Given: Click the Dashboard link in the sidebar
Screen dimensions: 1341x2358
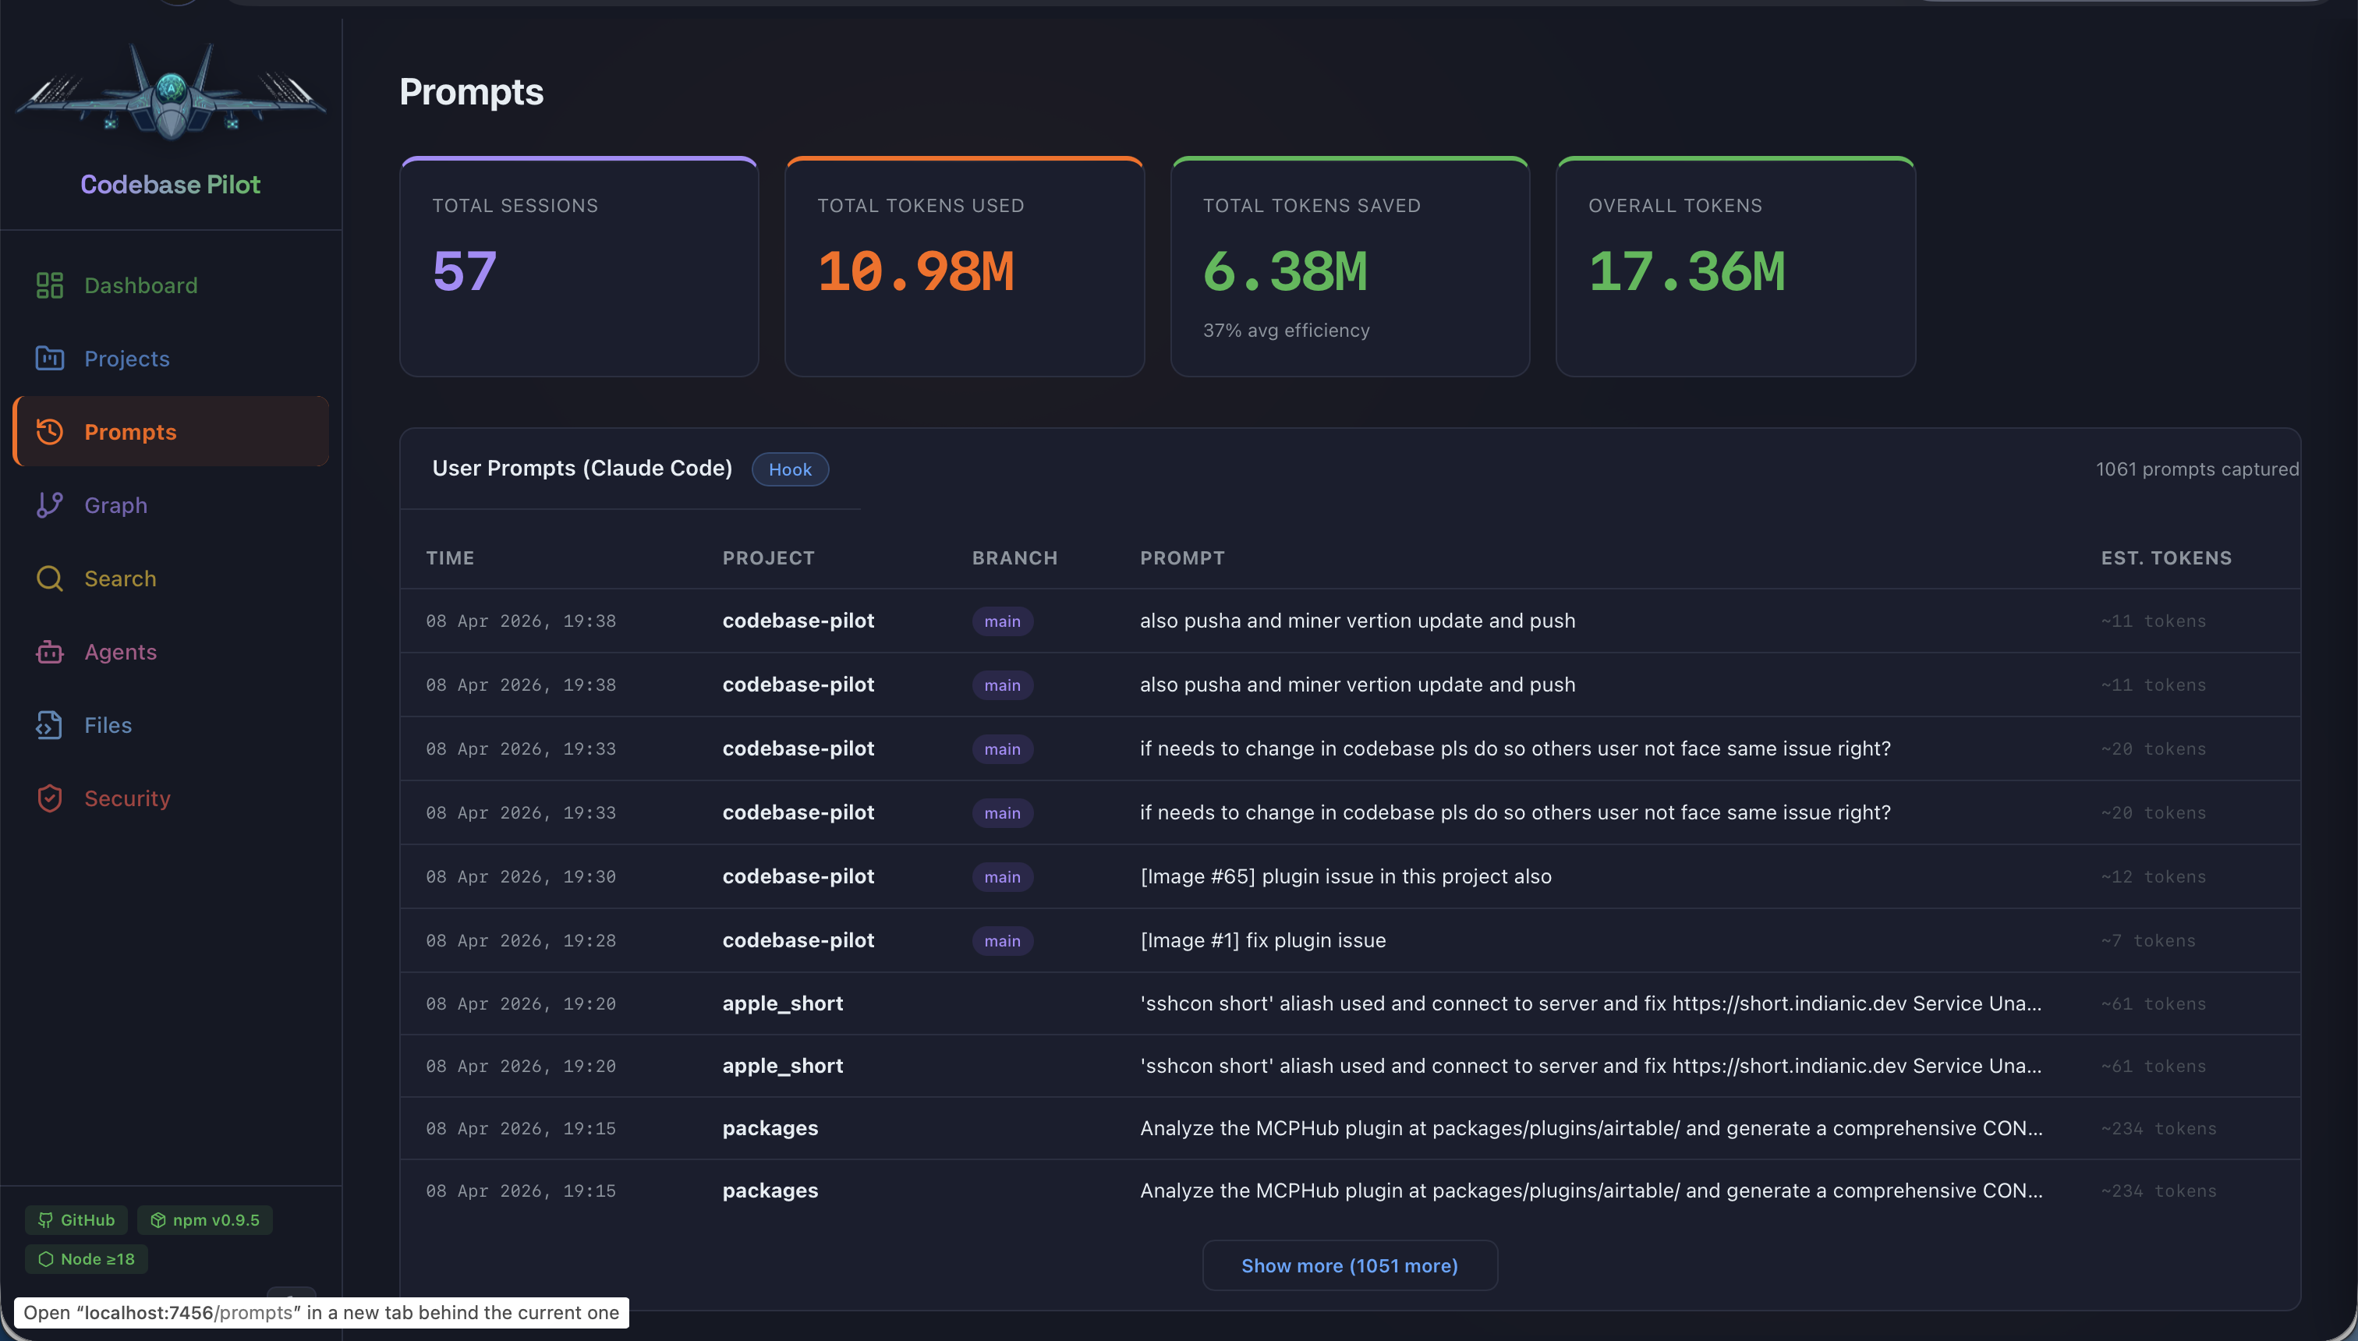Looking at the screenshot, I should click(x=140, y=285).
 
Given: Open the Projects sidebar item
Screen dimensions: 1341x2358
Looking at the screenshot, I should click(x=126, y=359).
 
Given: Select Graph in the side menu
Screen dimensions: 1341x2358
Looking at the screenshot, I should click(x=115, y=504).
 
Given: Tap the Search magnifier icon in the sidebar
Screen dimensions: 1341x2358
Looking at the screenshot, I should click(x=50, y=579).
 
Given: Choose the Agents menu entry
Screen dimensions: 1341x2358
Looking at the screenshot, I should click(x=120, y=652).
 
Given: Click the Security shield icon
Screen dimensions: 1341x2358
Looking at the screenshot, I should click(x=50, y=798).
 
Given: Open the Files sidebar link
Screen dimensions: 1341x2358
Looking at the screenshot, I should click(x=108, y=725).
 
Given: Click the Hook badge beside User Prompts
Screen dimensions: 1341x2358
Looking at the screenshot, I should click(x=789, y=469).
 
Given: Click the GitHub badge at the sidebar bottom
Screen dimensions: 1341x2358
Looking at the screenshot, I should click(x=76, y=1219).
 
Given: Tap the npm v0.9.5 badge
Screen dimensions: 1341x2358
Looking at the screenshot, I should click(x=204, y=1219).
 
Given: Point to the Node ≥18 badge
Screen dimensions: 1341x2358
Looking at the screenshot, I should click(x=87, y=1259).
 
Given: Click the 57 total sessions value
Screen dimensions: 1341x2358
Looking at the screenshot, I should click(x=464, y=271).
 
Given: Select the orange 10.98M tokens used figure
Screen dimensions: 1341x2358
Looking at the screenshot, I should click(x=915, y=271).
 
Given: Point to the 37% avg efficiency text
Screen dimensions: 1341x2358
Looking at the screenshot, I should click(x=1286, y=331).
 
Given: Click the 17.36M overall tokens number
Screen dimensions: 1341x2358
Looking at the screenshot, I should click(x=1687, y=271).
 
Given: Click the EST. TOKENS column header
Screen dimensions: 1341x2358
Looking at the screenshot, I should click(x=2165, y=558).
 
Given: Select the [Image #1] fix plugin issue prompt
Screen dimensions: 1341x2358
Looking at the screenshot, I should click(x=1262, y=940).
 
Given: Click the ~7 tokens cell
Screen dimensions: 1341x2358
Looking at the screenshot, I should click(x=2148, y=940).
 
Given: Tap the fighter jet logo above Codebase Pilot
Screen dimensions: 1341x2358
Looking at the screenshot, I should click(x=172, y=92).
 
